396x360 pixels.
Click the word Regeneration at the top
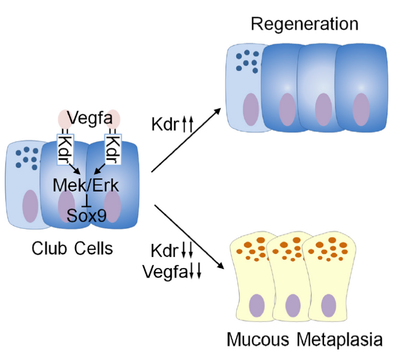304,24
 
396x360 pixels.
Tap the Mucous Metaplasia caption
304,339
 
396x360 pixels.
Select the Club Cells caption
72,248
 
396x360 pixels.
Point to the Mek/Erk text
86,186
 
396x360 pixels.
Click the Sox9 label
86,216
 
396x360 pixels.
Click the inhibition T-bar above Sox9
86,201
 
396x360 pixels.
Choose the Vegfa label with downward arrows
172,272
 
